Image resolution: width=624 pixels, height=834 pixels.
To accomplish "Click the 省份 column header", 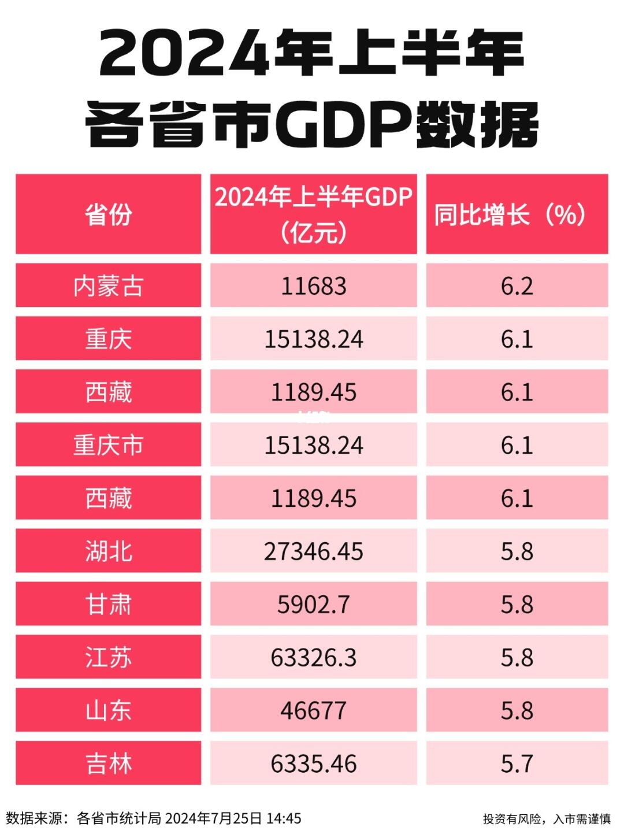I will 108,214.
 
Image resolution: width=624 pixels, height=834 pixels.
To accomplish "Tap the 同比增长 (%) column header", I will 517,214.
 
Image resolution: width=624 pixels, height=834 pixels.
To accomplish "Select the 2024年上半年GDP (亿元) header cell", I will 313,214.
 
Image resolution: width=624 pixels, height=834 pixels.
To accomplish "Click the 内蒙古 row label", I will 108,286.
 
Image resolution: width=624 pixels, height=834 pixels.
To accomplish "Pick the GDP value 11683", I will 313,286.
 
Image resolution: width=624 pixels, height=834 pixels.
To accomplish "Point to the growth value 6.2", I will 517,286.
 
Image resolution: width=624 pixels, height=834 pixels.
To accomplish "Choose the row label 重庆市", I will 108,445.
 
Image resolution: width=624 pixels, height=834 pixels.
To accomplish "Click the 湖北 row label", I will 108,551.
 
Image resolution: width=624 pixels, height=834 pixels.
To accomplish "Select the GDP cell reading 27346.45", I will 313,551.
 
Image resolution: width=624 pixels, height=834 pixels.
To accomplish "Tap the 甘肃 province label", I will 108,605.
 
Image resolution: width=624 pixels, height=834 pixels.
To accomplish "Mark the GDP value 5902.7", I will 313,605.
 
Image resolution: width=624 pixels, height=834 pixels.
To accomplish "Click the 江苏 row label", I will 108,658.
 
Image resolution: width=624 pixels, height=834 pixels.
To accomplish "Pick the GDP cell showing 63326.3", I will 313,658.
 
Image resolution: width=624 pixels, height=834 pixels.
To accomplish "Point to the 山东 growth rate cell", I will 517,710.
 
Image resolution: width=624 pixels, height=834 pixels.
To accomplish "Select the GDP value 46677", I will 313,710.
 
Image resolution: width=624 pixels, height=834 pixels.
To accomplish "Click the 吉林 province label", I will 108,763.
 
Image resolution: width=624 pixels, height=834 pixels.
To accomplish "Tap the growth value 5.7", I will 517,763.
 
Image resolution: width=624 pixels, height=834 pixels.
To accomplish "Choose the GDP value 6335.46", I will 313,763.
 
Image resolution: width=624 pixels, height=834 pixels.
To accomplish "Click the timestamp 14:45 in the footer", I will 284,818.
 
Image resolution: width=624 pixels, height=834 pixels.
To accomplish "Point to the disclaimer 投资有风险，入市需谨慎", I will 547,819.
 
